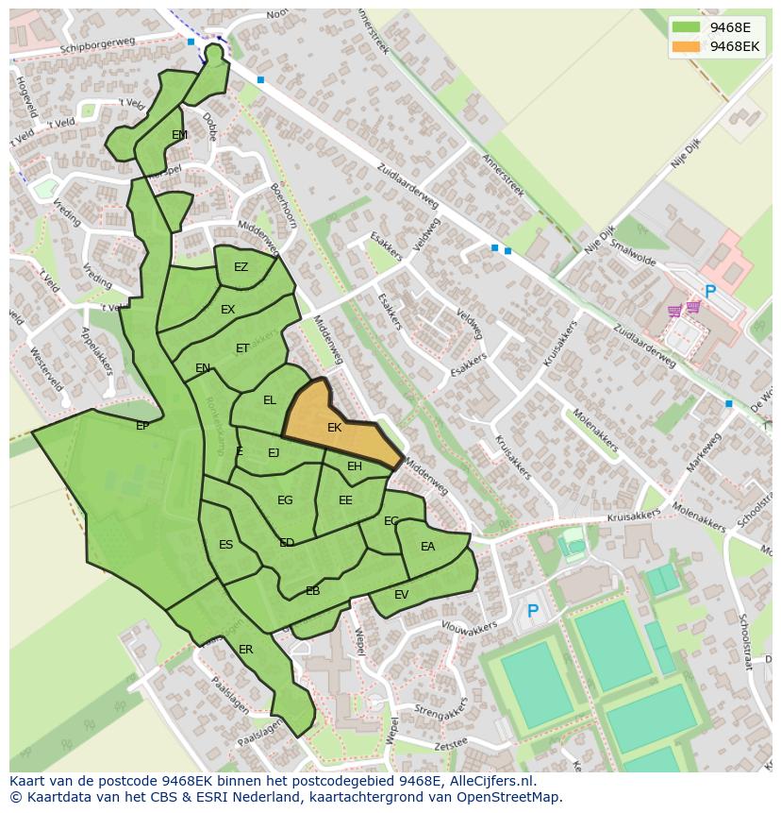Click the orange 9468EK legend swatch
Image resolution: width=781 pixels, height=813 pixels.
pyautogui.click(x=686, y=46)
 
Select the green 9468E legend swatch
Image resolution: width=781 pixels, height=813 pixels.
pyautogui.click(x=686, y=27)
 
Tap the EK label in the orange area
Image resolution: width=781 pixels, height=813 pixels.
pyautogui.click(x=334, y=428)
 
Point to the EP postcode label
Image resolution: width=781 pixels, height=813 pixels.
pyautogui.click(x=142, y=426)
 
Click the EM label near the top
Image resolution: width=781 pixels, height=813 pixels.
pyautogui.click(x=179, y=135)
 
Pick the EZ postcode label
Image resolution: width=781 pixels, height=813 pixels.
pyautogui.click(x=241, y=267)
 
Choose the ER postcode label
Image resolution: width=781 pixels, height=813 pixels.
pyautogui.click(x=246, y=650)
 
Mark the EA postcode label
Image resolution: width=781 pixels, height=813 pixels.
pyautogui.click(x=428, y=547)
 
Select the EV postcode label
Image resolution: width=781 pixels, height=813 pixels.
pyautogui.click(x=402, y=594)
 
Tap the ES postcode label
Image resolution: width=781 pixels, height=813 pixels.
pyautogui.click(x=226, y=545)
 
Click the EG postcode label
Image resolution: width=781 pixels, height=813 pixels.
pyautogui.click(x=285, y=500)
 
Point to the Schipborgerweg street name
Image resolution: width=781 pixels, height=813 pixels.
pyautogui.click(x=98, y=45)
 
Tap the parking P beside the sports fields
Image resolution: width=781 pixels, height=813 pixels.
pyautogui.click(x=532, y=612)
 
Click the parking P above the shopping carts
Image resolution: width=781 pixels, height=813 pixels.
pyautogui.click(x=710, y=293)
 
